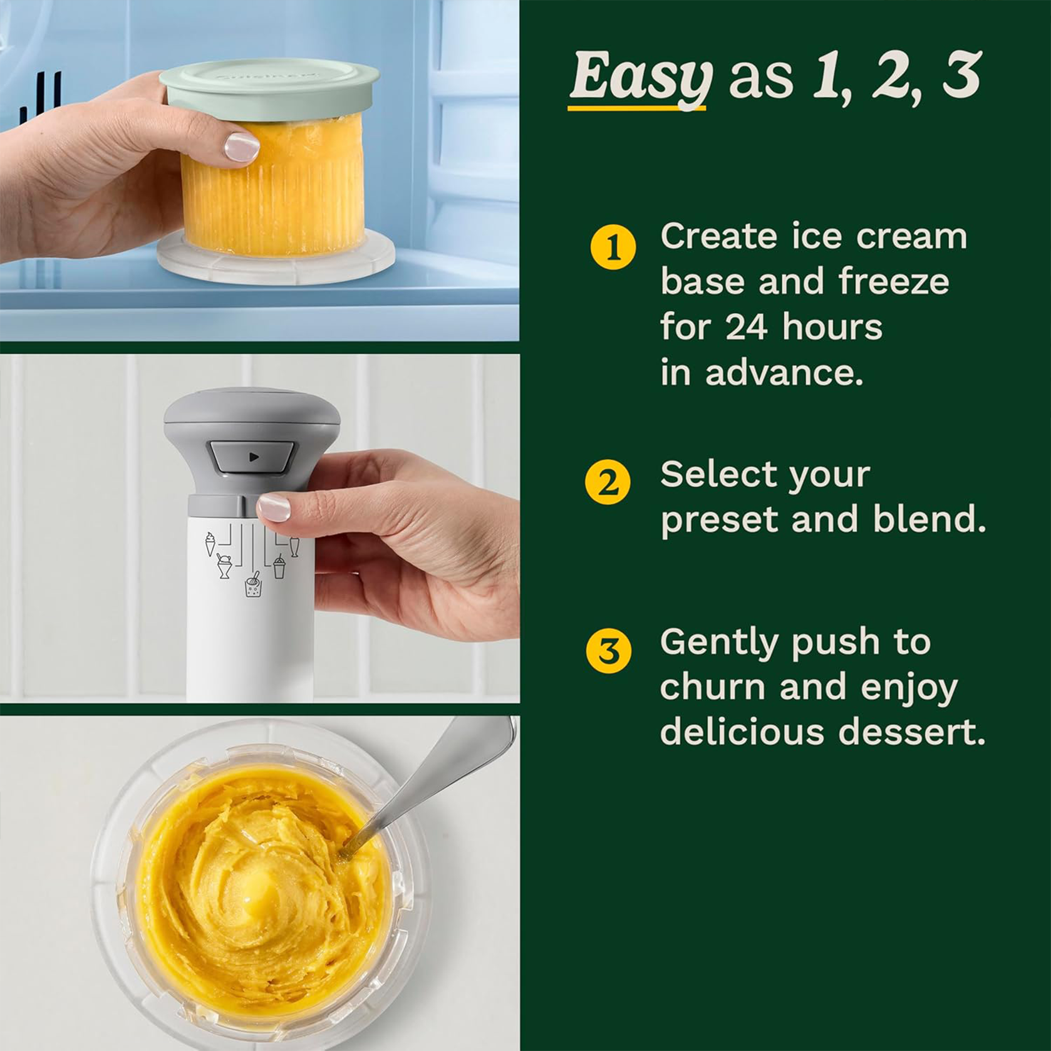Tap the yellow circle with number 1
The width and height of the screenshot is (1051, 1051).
(613, 247)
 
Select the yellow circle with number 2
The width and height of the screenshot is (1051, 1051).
(608, 482)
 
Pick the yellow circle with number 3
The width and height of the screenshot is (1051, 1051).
(608, 651)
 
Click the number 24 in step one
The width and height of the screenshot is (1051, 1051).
(745, 328)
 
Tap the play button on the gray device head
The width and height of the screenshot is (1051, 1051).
(253, 457)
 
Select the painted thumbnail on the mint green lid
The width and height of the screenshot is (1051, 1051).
(242, 147)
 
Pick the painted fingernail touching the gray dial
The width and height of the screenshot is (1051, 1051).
(274, 507)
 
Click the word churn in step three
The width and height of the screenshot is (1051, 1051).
(712, 687)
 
